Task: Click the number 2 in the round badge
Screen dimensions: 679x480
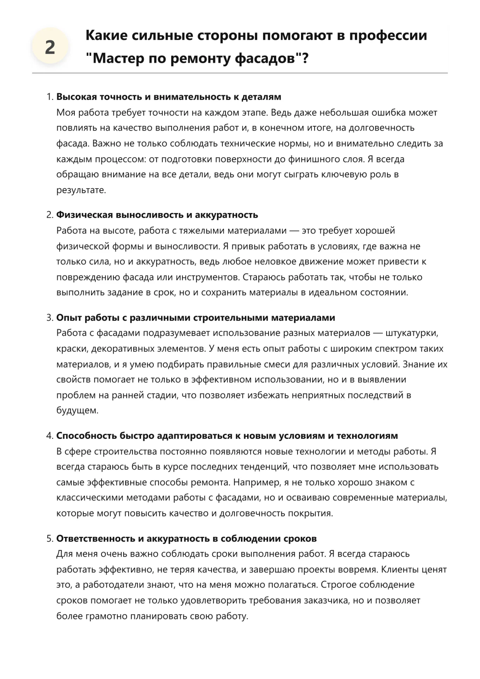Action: tap(50, 47)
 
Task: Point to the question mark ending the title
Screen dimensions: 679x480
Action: tap(305, 58)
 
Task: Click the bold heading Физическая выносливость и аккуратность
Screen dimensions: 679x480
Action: tap(157, 215)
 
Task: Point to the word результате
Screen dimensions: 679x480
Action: tap(81, 190)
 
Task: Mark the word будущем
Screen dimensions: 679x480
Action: tap(77, 411)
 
